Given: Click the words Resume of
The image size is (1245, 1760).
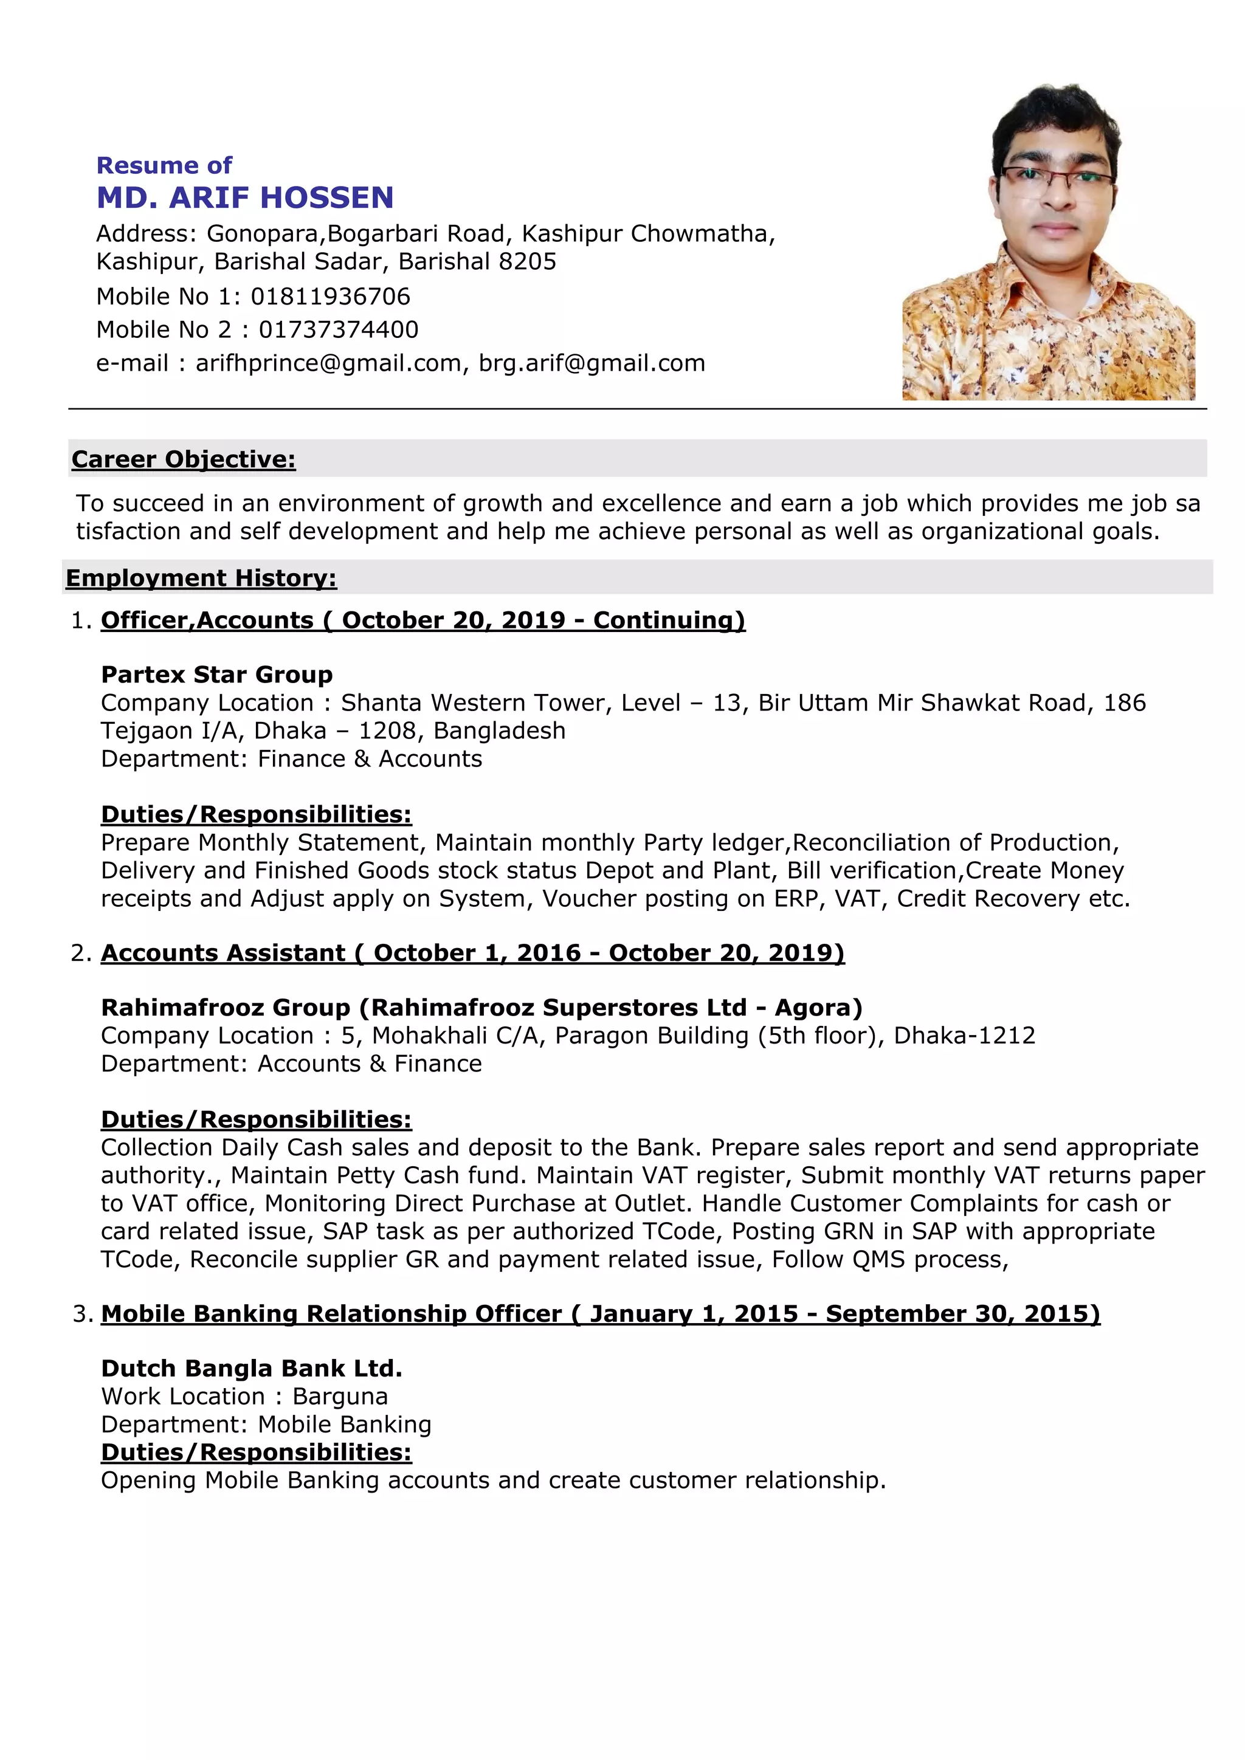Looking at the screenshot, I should click(164, 165).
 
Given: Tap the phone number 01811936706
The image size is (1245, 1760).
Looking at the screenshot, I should click(331, 297).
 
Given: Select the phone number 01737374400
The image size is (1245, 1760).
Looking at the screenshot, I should click(338, 329).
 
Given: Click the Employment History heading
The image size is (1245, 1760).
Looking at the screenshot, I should click(201, 578).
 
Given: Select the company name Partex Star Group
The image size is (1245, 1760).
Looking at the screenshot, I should click(217, 675).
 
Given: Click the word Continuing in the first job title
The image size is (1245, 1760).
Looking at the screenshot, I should click(664, 620).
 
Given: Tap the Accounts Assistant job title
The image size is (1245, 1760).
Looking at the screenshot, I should click(223, 953).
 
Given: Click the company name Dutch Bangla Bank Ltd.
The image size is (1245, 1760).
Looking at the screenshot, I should click(252, 1368).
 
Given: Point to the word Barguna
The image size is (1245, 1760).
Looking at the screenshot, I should click(340, 1397).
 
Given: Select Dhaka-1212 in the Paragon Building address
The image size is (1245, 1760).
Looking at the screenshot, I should click(964, 1036).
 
